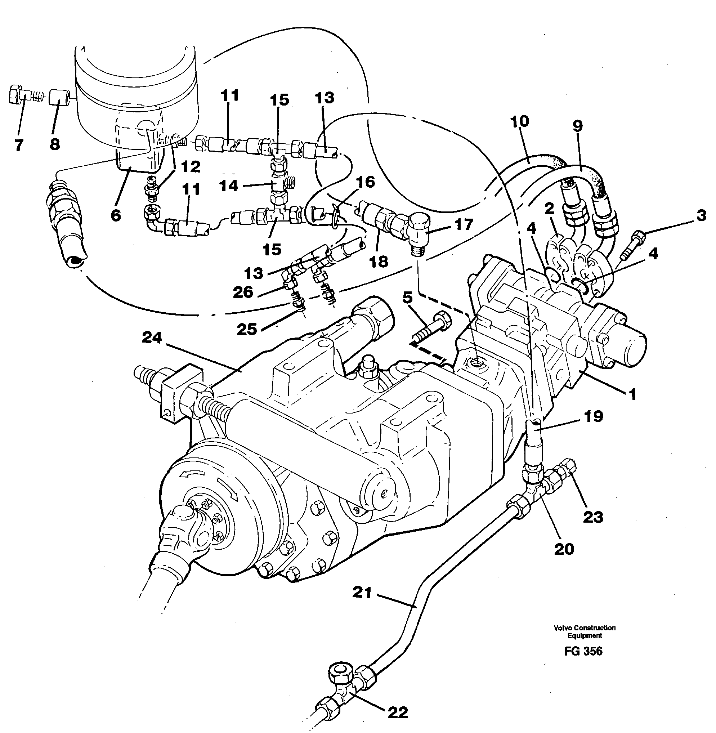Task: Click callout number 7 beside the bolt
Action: coord(19,144)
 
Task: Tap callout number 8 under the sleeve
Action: coord(55,144)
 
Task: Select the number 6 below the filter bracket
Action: coord(116,215)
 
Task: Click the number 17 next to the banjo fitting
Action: coord(464,224)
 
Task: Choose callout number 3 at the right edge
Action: coord(701,216)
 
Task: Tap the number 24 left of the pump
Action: coord(152,338)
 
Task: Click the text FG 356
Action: coord(583,651)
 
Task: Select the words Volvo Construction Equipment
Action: coord(585,631)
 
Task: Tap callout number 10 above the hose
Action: coord(520,121)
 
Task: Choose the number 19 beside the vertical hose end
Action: coord(594,416)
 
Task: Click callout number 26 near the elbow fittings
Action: coord(243,292)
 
